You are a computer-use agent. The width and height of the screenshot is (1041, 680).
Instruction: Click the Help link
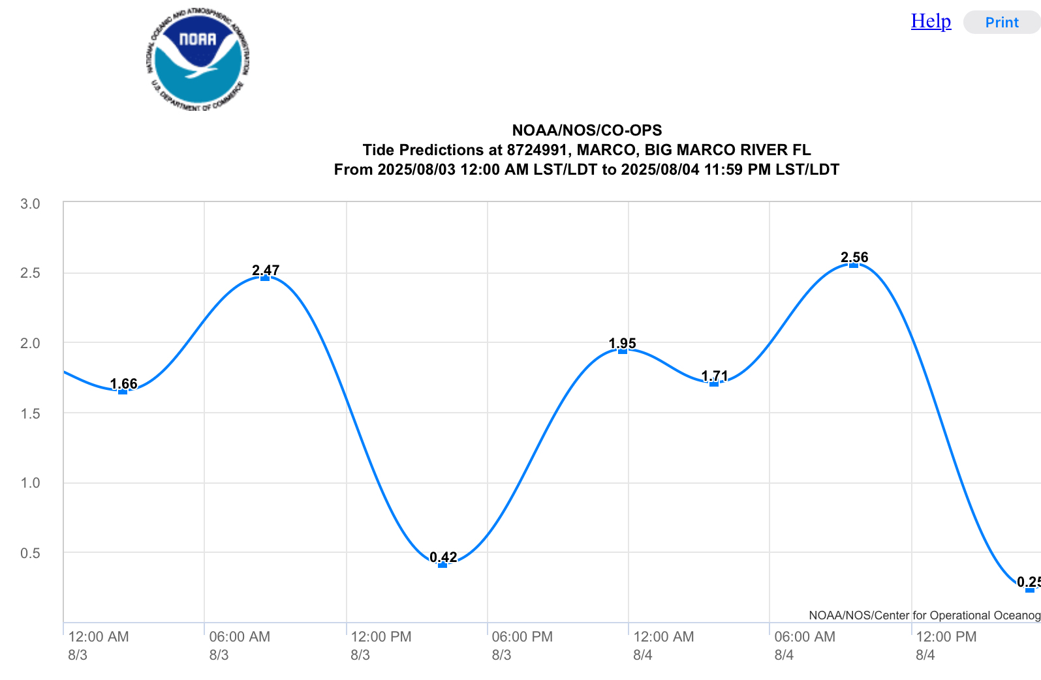[931, 21]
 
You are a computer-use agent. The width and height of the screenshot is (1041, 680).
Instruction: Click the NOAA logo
[198, 60]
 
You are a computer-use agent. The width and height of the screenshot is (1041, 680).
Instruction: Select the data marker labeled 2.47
[265, 278]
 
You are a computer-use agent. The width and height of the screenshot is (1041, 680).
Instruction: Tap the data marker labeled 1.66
[123, 392]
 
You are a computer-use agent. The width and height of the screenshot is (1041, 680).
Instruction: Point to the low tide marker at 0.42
[443, 565]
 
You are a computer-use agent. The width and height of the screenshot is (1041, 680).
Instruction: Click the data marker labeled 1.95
[623, 351]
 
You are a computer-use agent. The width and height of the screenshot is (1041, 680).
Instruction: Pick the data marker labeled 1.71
[714, 384]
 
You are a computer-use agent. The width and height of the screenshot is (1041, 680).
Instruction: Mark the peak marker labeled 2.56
[854, 265]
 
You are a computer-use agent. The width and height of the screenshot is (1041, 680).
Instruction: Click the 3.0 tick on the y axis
[30, 204]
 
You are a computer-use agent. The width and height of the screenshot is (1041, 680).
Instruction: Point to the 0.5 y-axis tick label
[30, 554]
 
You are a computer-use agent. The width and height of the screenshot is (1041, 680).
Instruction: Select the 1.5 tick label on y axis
[30, 414]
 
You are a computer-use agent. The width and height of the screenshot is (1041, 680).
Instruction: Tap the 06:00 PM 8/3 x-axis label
[521, 645]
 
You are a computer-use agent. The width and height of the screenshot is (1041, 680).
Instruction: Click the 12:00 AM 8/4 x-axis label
[663, 645]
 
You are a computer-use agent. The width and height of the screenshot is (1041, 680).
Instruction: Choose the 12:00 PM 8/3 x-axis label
[381, 645]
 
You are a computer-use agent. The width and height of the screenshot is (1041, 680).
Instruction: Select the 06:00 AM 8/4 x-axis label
[804, 645]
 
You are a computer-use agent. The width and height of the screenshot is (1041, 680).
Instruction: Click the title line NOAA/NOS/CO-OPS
[587, 130]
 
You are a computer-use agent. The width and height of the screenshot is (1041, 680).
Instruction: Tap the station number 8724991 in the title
[537, 150]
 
